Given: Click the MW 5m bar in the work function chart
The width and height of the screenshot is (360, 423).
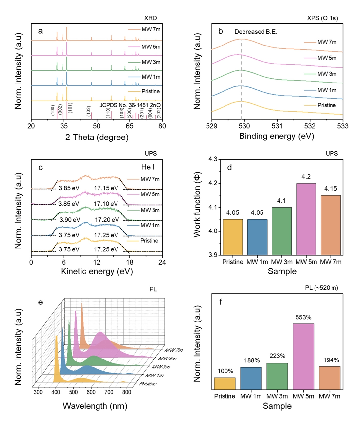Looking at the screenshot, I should point(306,219).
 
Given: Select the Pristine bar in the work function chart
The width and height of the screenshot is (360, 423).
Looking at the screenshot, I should point(233,237).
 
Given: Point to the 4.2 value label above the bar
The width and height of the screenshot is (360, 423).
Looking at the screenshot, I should point(306,177).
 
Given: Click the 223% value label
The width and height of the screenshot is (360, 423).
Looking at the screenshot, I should point(277,356).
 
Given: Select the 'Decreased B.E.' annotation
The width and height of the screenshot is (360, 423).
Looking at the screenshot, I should point(256,32).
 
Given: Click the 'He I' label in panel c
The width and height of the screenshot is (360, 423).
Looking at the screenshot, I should point(148,167).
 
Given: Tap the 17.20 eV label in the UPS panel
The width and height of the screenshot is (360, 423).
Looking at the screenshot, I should point(107,220).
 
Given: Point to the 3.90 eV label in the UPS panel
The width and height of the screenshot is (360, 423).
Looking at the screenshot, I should point(69,220).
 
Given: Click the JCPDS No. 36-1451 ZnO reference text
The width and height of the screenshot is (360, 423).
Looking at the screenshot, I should point(130,105).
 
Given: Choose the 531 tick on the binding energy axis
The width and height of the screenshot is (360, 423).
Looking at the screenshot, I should point(277,126).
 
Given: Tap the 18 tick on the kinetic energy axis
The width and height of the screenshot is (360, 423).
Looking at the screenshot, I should point(130,262).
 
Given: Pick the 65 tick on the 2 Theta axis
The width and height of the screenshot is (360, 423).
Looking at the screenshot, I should point(130,126).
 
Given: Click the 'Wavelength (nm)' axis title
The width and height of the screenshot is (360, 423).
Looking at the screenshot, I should point(95,406).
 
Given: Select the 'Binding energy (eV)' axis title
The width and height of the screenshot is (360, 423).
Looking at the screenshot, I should point(277,136).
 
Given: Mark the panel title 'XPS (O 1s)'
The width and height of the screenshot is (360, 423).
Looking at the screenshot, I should point(322,18).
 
